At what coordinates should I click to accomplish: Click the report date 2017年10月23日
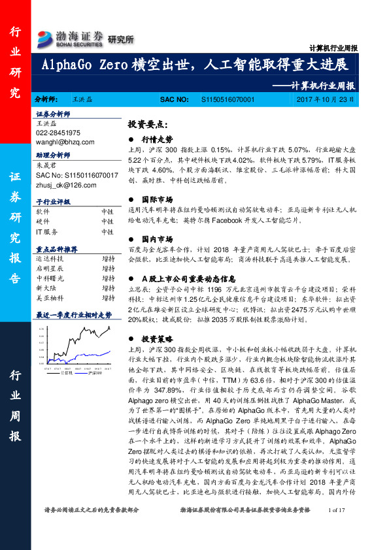(x=324, y=100)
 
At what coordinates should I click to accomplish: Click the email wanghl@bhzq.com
(x=65, y=140)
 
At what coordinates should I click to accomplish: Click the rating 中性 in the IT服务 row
(x=107, y=231)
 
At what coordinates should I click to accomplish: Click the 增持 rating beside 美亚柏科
(x=108, y=297)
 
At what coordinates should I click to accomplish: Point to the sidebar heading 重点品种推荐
(x=56, y=250)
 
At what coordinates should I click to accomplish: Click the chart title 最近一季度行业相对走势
(x=69, y=315)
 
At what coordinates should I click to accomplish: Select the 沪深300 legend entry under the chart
(x=97, y=372)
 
